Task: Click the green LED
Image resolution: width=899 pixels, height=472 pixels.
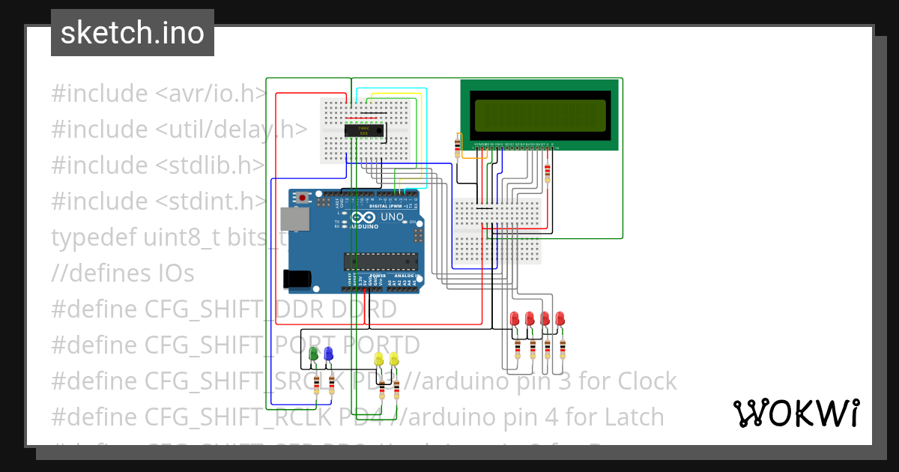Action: (x=313, y=354)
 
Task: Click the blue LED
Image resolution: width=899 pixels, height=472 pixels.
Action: (x=328, y=354)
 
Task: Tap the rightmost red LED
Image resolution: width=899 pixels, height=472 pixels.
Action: (x=560, y=318)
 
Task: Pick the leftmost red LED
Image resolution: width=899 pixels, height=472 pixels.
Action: (x=515, y=318)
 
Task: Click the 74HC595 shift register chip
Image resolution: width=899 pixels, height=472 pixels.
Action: (x=364, y=130)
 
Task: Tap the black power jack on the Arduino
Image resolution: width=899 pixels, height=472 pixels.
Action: (x=296, y=278)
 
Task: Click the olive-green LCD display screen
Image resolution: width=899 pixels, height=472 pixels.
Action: (x=538, y=115)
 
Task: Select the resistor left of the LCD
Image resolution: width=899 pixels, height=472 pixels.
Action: (x=458, y=146)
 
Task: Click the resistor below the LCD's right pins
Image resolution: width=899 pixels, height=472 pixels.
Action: (x=548, y=173)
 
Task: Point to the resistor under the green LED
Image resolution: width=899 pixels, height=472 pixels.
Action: (x=316, y=386)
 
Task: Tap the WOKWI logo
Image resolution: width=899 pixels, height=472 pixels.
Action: (x=796, y=413)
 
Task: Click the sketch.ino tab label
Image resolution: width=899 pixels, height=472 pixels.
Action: (x=133, y=33)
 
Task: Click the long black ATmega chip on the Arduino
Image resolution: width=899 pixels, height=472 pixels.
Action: (x=380, y=261)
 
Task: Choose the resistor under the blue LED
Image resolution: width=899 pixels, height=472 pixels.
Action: (x=331, y=386)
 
